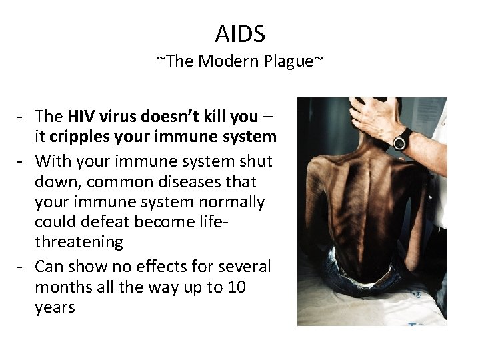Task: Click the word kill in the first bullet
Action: [x=209, y=118]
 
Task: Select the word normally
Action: [x=231, y=202]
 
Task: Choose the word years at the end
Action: [x=57, y=309]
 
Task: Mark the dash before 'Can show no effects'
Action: [x=22, y=267]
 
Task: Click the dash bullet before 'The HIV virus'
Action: [x=22, y=118]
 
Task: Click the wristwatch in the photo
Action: [x=402, y=139]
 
